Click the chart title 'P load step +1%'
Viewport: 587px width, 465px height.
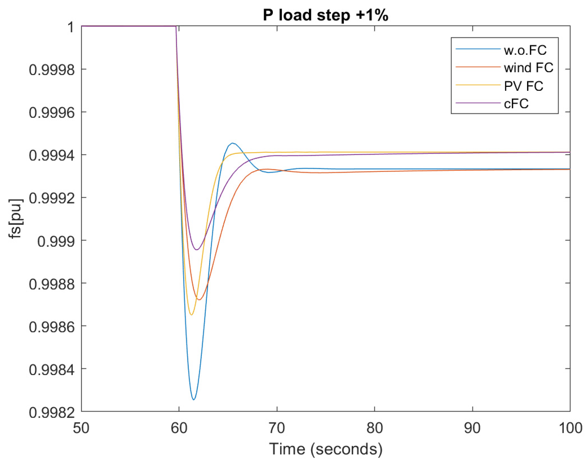click(325, 15)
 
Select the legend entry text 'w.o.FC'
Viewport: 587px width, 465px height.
click(525, 50)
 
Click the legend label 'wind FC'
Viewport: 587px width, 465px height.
click(528, 68)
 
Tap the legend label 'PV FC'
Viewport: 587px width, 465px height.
click(524, 86)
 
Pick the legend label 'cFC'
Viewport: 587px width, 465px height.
click(516, 103)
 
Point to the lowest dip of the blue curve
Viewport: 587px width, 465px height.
click(194, 399)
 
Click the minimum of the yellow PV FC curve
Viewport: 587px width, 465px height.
click(192, 315)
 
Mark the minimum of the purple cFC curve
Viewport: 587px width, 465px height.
click(197, 250)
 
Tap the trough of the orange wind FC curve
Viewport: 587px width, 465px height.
click(199, 300)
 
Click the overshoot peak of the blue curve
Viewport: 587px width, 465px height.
click(233, 143)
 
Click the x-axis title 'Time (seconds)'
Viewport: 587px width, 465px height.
click(325, 449)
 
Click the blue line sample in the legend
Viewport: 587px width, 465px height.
click(478, 49)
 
